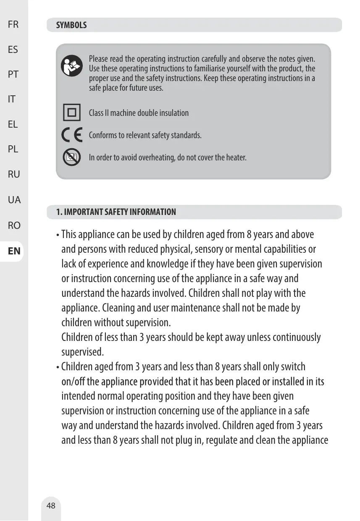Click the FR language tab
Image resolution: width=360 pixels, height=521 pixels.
click(13, 24)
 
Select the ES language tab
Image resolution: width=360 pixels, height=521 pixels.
click(13, 50)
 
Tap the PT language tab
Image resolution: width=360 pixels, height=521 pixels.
click(13, 74)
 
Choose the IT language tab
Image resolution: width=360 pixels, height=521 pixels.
click(12, 99)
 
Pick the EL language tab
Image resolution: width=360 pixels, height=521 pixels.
click(13, 124)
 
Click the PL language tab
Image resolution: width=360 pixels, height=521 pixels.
click(13, 149)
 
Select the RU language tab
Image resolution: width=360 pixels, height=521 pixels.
click(13, 174)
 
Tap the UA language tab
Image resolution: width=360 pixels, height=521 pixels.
click(14, 200)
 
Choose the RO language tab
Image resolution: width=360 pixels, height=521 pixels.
click(14, 225)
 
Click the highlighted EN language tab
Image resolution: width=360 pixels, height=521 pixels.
click(14, 251)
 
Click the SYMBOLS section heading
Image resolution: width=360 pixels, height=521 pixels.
click(72, 25)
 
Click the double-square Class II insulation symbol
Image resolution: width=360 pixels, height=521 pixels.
click(72, 113)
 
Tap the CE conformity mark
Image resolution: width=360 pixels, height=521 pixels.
click(72, 135)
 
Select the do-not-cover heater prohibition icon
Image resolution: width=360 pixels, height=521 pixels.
click(72, 157)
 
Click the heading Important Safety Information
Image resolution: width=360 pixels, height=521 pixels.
click(116, 212)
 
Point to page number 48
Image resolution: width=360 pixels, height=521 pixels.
click(51, 505)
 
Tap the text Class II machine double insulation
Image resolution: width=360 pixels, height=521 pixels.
click(139, 113)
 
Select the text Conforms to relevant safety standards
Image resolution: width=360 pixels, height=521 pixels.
click(145, 136)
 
